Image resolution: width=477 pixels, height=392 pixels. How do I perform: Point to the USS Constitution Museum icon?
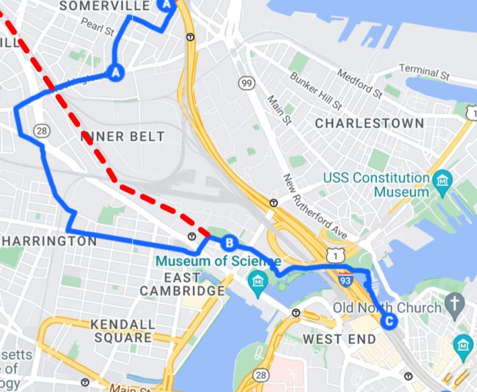coord(443,180)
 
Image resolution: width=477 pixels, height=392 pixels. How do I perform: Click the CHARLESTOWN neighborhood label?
coord(370,124)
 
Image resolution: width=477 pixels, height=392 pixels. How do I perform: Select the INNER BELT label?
coord(123,136)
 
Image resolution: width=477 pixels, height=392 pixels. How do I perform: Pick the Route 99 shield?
coord(247,83)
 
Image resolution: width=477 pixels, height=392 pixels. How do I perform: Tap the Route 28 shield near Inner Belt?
coord(42,130)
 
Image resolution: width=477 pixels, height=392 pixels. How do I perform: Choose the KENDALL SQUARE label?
coord(122,331)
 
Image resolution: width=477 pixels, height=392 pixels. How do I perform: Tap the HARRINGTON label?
coord(50,240)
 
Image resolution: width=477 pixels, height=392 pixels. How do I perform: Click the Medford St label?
coord(359,83)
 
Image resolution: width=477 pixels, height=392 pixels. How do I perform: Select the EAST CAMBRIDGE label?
coord(182,285)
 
